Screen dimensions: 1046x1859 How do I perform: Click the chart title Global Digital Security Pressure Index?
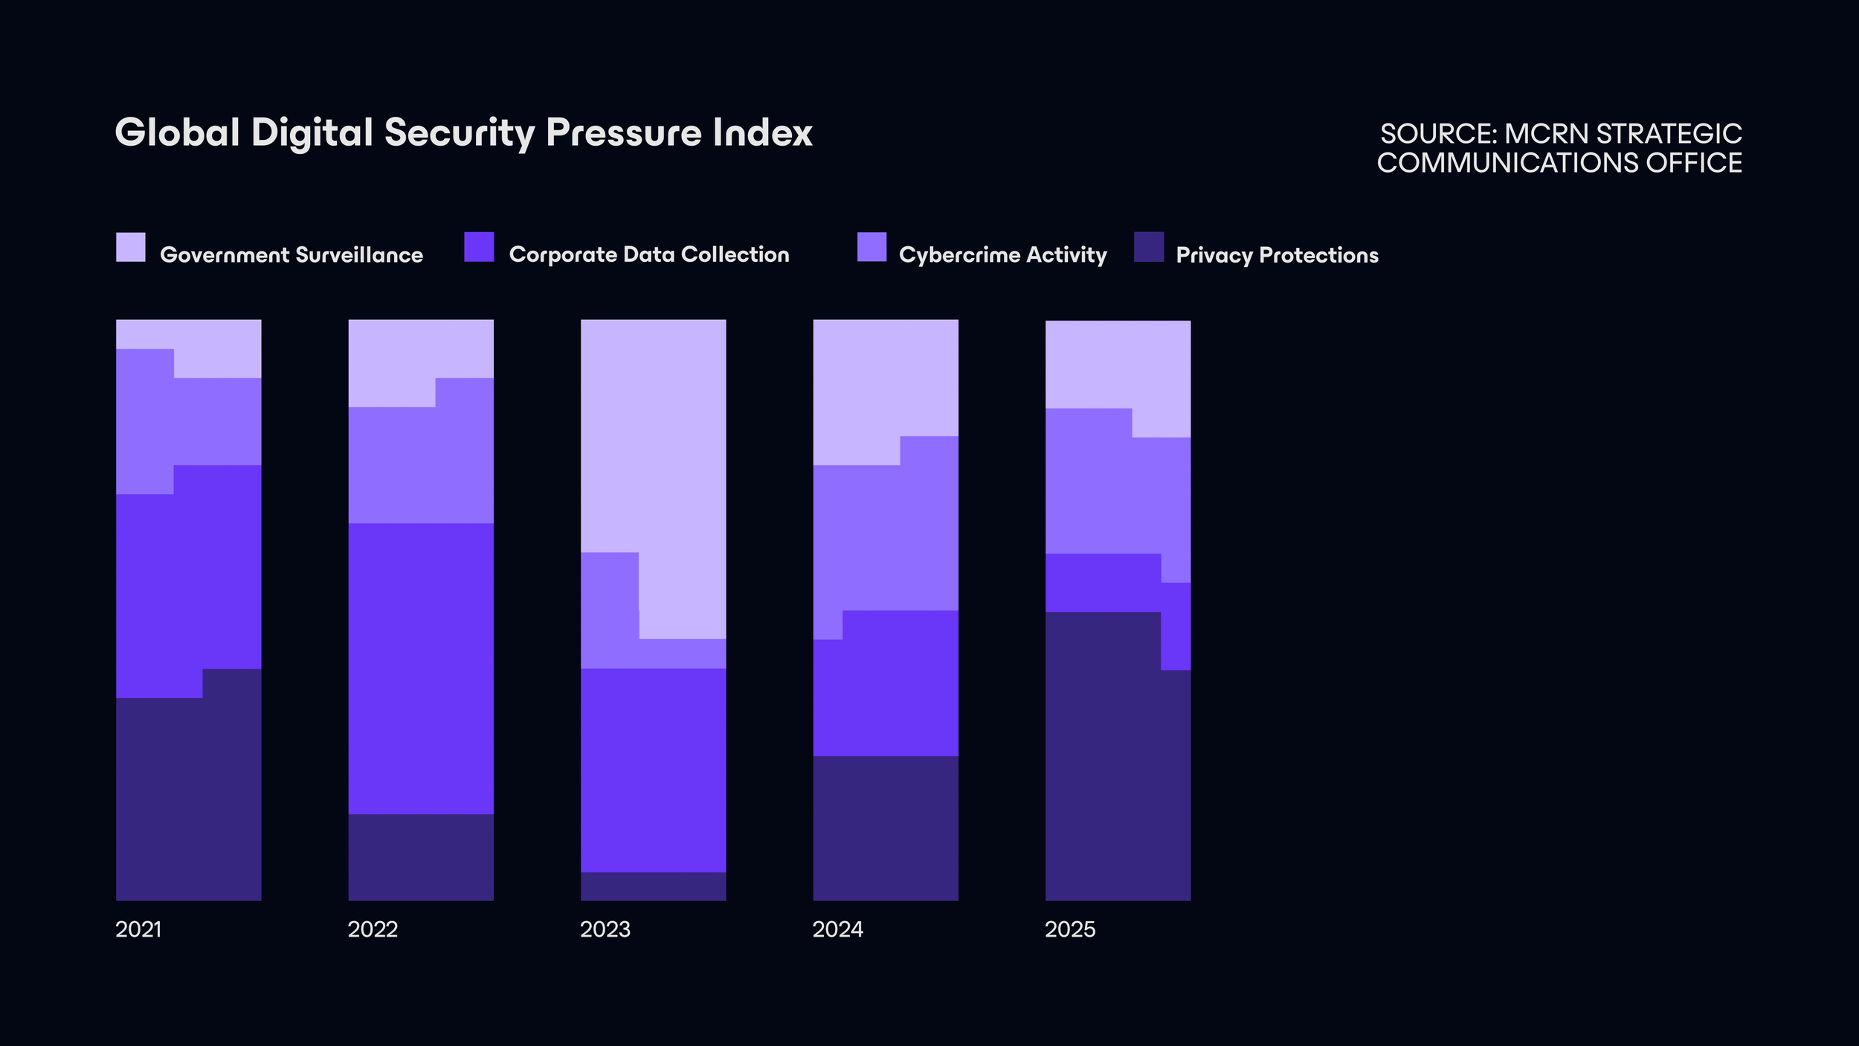[x=463, y=133]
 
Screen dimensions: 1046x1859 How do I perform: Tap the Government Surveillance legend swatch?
[x=131, y=247]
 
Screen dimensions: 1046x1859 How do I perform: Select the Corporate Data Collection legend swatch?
[x=479, y=247]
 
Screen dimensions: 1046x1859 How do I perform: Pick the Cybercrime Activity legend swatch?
[x=871, y=247]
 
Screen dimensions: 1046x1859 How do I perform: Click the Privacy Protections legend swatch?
[x=1149, y=247]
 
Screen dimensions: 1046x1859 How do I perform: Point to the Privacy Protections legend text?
[x=1277, y=255]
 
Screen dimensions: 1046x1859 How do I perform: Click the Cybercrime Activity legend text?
[x=1002, y=255]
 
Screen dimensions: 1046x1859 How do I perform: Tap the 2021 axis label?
[x=138, y=929]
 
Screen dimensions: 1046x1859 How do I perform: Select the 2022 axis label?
[x=373, y=929]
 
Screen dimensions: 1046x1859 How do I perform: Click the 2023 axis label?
[x=605, y=929]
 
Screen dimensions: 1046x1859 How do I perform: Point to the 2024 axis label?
[x=838, y=929]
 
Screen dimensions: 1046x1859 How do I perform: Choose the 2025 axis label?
[x=1070, y=929]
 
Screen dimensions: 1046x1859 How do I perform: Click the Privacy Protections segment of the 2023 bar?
[x=653, y=886]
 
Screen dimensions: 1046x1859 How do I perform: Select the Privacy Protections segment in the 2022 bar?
[x=421, y=857]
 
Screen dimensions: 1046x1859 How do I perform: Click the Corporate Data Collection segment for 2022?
[x=421, y=668]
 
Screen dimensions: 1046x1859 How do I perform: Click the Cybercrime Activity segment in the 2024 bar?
[x=885, y=536]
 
